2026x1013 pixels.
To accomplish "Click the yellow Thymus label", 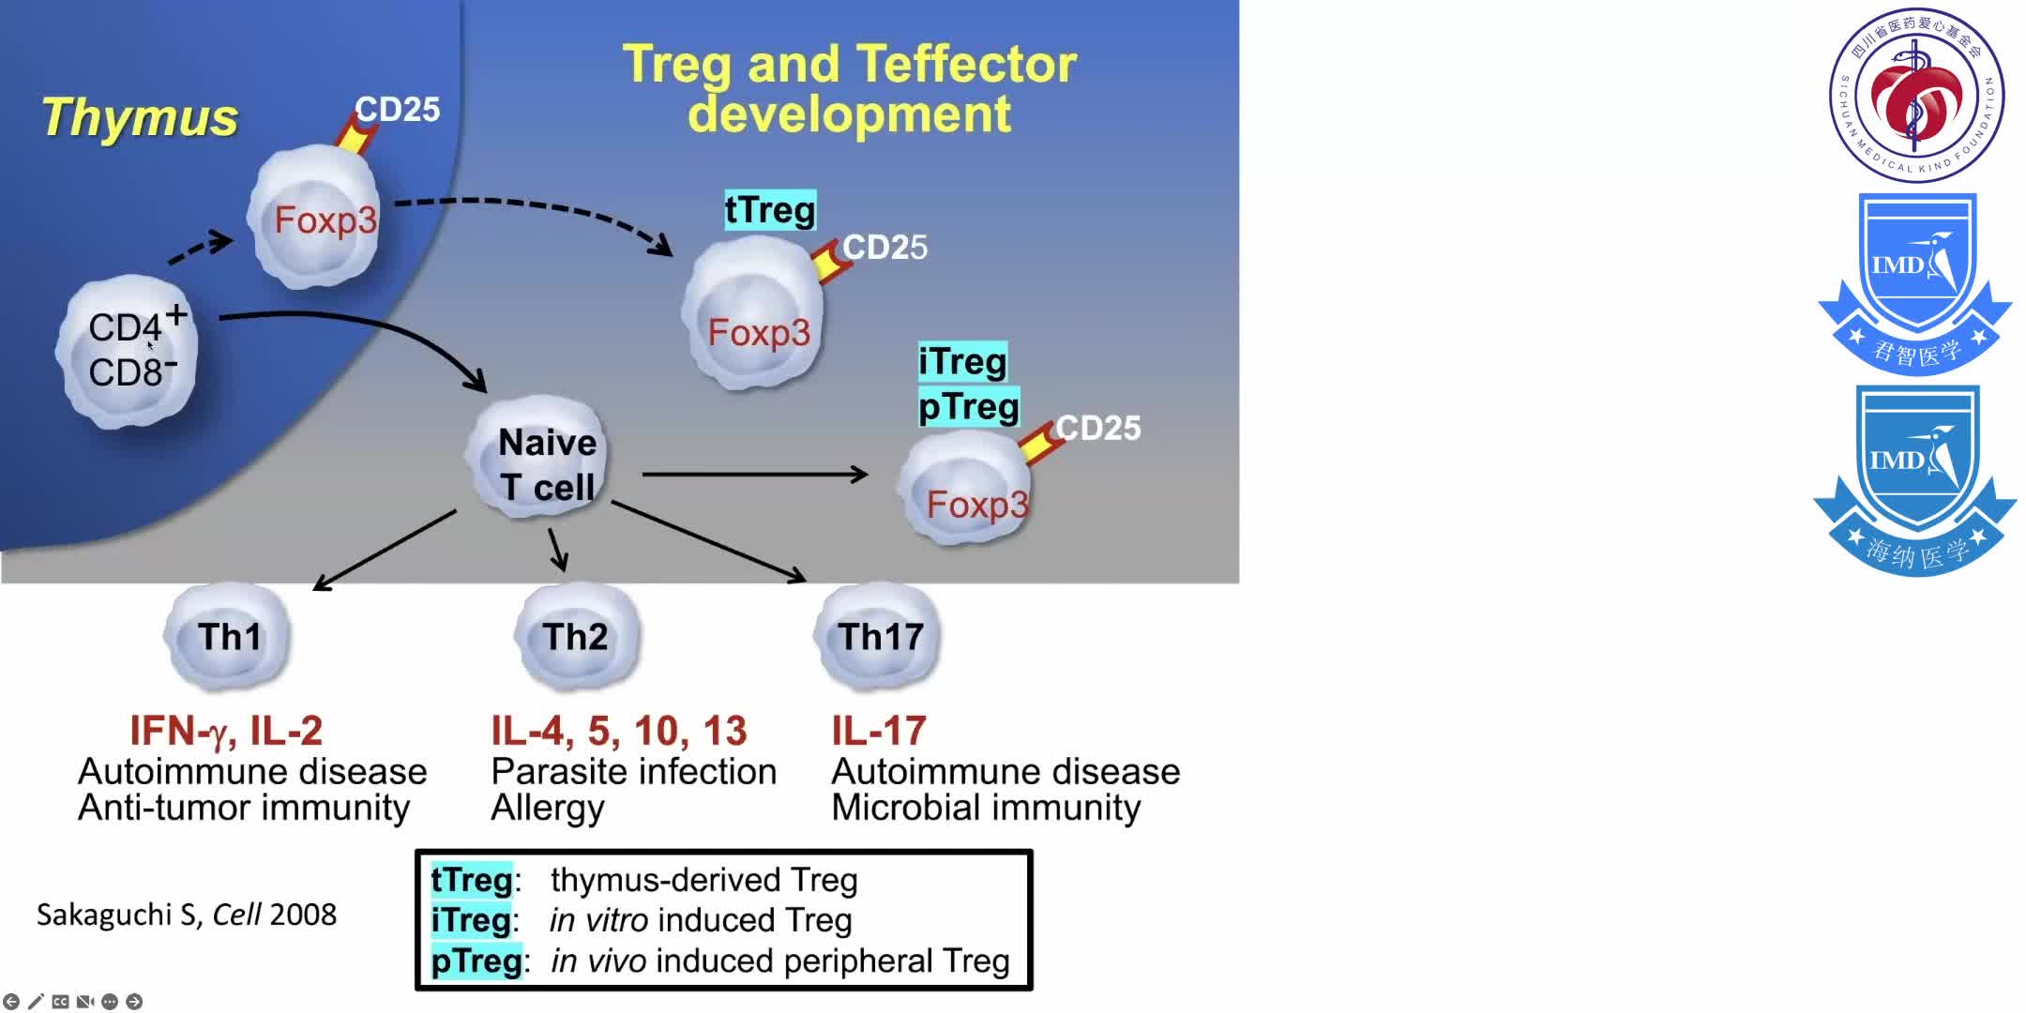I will (x=141, y=118).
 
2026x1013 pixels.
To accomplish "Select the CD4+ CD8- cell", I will (x=129, y=351).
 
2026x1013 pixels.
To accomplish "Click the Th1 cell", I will (x=228, y=637).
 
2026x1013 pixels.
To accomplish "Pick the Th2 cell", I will (x=576, y=637).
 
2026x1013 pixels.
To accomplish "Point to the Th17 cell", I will (x=879, y=637).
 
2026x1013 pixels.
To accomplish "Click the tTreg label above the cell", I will (x=770, y=210).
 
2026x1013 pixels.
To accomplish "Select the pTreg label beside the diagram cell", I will (x=968, y=407).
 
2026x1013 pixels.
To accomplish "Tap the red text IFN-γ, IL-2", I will (x=226, y=731).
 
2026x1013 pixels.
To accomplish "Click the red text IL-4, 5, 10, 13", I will (x=619, y=731).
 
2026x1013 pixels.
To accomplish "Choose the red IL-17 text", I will (x=879, y=731).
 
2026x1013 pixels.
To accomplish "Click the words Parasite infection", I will (x=634, y=772).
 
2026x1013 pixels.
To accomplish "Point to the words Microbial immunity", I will (x=986, y=808).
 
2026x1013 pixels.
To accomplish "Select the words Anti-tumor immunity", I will (x=244, y=808).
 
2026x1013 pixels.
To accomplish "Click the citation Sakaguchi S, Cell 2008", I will (x=187, y=915).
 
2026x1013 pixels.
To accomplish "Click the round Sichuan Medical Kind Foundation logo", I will (x=1916, y=95).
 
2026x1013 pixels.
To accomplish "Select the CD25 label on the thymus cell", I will (x=398, y=110).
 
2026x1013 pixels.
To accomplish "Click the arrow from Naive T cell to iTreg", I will (x=755, y=475).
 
